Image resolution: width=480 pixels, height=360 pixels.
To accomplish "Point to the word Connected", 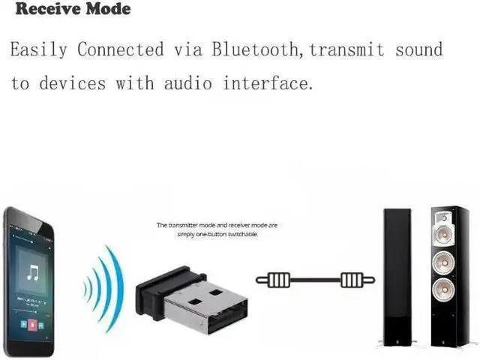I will (121, 50).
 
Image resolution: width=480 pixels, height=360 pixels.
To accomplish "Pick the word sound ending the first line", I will (416, 50).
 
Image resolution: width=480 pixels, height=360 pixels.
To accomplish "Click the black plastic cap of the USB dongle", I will (150, 295).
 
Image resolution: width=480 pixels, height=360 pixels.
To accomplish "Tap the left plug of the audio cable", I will (274, 280).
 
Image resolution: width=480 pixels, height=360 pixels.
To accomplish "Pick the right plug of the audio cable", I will (355, 280).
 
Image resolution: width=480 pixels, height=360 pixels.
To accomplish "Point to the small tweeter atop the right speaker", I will (444, 219).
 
